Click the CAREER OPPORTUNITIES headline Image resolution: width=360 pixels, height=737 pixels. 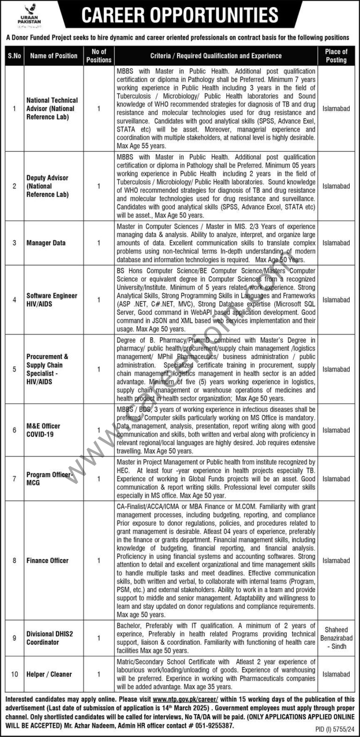pos(180,15)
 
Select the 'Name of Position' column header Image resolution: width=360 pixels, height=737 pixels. pos(53,56)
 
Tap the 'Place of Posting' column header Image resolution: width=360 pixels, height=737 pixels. pos(336,56)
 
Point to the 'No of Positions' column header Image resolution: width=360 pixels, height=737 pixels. pos(99,56)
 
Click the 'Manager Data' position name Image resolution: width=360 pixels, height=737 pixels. pos(46,243)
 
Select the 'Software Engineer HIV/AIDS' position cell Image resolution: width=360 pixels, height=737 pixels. pos(52,300)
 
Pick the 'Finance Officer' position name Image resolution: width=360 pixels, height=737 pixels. pos(47,560)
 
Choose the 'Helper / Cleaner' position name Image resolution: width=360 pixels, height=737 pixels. pos(49,674)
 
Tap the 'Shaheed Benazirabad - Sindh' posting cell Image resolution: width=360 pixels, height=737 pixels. pos(336,638)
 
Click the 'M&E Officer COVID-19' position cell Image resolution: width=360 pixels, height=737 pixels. pos(43,430)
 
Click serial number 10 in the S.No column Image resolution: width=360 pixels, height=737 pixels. pos(15,674)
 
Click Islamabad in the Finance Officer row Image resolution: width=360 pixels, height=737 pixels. pos(336,560)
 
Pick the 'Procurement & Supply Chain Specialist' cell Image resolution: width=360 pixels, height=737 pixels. pos(47,369)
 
